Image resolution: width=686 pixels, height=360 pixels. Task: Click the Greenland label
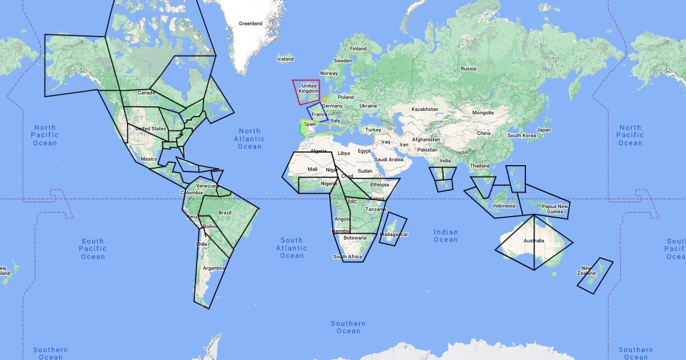pyautogui.click(x=250, y=23)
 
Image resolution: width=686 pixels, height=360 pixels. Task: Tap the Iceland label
pyautogui.click(x=285, y=59)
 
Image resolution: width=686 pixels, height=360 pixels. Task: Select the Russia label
pyautogui.click(x=468, y=69)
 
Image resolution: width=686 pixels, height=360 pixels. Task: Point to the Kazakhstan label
pyautogui.click(x=425, y=109)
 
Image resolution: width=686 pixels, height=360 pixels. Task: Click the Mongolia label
pyautogui.click(x=482, y=113)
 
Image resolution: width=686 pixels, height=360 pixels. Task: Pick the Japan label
pyautogui.click(x=544, y=130)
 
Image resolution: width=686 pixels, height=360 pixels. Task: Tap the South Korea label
pyautogui.click(x=521, y=135)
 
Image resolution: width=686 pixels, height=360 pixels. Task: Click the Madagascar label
pyautogui.click(x=394, y=234)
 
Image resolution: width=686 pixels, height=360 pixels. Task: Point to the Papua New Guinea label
pyautogui.click(x=555, y=209)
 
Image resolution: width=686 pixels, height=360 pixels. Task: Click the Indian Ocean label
pyautogui.click(x=446, y=236)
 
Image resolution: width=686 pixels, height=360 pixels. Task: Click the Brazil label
pyautogui.click(x=225, y=213)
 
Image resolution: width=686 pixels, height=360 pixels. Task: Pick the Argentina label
pyautogui.click(x=214, y=268)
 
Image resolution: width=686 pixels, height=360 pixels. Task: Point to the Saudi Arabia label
pyautogui.click(x=389, y=159)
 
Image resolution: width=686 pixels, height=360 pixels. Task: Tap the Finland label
pyautogui.click(x=358, y=49)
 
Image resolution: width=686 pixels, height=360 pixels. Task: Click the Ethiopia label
pyautogui.click(x=380, y=185)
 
